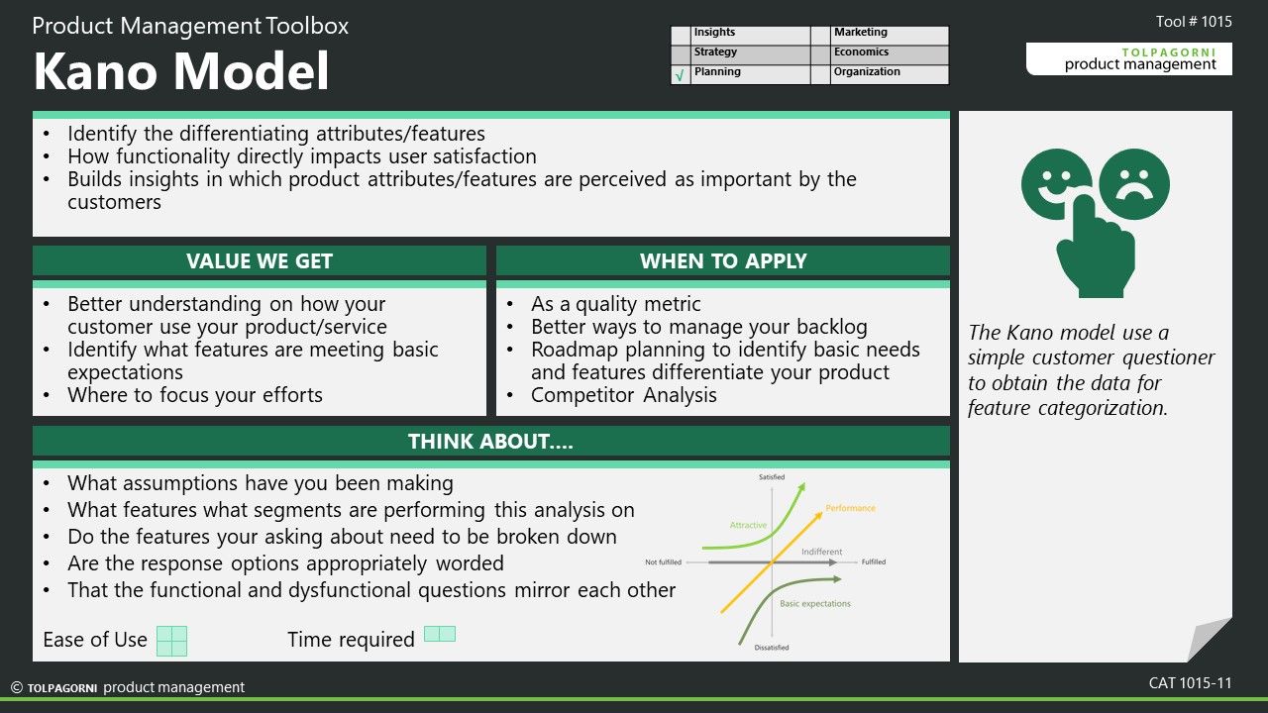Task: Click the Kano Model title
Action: click(x=181, y=70)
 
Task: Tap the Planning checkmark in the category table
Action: click(x=680, y=74)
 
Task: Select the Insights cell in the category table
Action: click(x=751, y=34)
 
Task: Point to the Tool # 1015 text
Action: click(x=1194, y=22)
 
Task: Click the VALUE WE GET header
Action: click(x=260, y=260)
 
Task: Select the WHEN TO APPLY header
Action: click(x=723, y=260)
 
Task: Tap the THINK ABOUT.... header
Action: click(x=490, y=442)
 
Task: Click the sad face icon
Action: click(x=1134, y=184)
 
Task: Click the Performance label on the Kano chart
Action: click(x=850, y=508)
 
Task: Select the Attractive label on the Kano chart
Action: click(x=748, y=525)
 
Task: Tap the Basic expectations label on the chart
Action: click(x=815, y=604)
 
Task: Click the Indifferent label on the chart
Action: click(x=821, y=552)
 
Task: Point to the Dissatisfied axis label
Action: click(x=771, y=648)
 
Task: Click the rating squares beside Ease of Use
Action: click(x=171, y=641)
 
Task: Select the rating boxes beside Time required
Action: click(x=440, y=634)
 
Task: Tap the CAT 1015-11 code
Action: click(x=1190, y=683)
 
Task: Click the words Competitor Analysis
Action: click(x=624, y=395)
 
